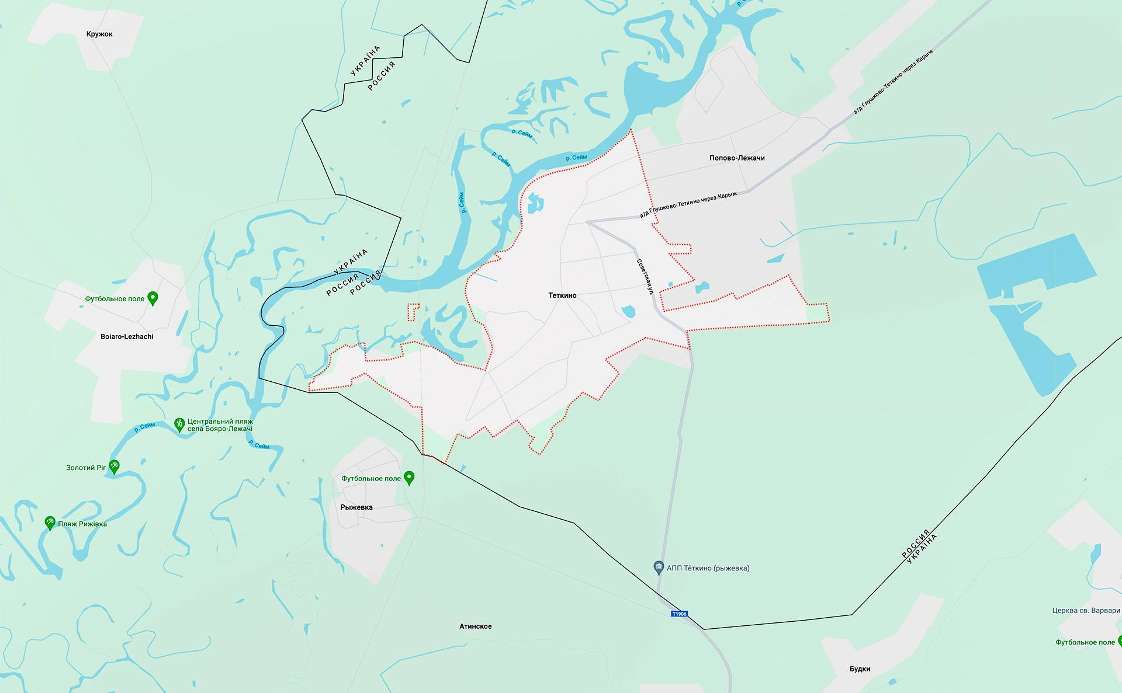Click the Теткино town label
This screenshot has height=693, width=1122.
pos(562,295)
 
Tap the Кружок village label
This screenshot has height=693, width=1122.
pos(99,34)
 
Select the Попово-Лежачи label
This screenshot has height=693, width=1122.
pos(737,158)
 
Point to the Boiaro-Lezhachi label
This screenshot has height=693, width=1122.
pos(127,337)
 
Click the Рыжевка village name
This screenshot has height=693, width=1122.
pos(356,507)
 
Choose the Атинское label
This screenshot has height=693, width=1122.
pos(475,626)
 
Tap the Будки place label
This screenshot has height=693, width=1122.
pos(860,669)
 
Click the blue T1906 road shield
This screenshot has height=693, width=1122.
pos(680,614)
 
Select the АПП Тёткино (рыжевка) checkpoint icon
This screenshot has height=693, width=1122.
pos(659,567)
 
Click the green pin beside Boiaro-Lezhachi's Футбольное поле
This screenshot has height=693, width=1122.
pos(153,298)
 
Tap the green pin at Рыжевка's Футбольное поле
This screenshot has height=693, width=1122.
pos(409,478)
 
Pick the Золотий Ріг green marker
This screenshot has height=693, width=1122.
pos(114,466)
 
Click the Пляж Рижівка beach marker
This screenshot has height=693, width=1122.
pos(50,523)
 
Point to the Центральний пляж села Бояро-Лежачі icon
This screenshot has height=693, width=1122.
pos(179,424)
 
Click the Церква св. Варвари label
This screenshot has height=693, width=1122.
pos(1086,611)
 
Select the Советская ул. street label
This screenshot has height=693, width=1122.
pos(645,277)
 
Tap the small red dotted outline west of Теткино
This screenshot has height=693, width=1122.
pos(413,311)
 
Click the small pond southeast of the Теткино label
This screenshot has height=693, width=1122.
pos(628,311)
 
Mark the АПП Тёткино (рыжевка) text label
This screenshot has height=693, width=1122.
pos(708,568)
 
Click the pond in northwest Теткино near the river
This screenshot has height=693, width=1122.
pos(535,204)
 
